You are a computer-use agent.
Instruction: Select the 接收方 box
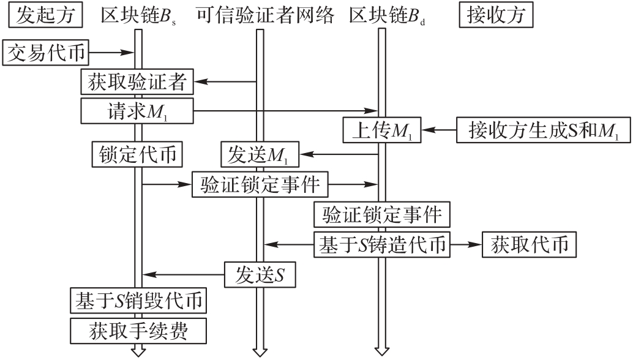pos(496,15)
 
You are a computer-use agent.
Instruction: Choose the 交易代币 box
pos(47,54)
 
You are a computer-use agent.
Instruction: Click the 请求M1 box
pos(137,111)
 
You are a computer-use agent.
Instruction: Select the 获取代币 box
pos(529,245)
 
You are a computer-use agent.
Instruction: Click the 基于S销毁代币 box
pos(137,301)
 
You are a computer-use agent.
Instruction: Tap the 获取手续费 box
pos(137,331)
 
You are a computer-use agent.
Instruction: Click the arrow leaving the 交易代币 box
pos(111,54)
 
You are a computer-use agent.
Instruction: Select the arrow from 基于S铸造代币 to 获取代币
pos(466,245)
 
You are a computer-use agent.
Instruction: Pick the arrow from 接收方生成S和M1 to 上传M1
pos(440,130)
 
